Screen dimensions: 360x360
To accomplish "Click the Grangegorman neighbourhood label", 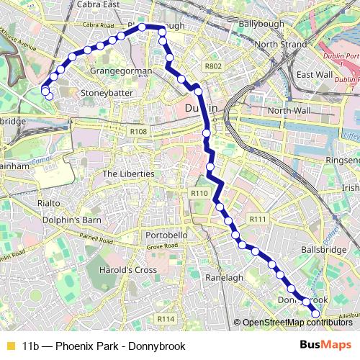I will [x=121, y=71].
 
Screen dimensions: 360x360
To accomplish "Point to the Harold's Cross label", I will [x=130, y=270].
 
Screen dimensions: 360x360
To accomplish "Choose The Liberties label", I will [x=128, y=174].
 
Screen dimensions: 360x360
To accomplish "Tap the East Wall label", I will [x=314, y=74].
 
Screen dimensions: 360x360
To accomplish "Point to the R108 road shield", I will [x=138, y=132].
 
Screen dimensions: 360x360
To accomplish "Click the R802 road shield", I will [x=212, y=66].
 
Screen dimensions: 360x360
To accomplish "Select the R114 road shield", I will [x=166, y=318].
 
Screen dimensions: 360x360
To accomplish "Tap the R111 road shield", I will [x=257, y=218].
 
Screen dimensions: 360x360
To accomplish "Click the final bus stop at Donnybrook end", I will [x=315, y=313].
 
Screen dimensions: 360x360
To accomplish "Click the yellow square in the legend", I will [x=10, y=346].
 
